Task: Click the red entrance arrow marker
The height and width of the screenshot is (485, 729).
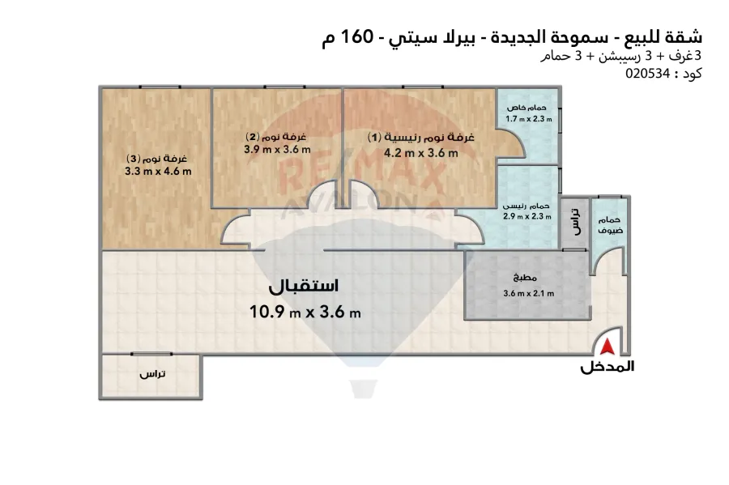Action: pyautogui.click(x=607, y=347)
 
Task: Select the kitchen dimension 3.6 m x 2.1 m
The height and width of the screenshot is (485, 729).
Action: pyautogui.click(x=528, y=294)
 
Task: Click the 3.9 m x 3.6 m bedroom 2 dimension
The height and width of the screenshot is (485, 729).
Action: pyautogui.click(x=277, y=149)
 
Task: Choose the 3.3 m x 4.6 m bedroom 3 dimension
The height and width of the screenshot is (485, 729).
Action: pyautogui.click(x=158, y=171)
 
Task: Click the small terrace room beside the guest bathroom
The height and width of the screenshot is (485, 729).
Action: pyautogui.click(x=575, y=222)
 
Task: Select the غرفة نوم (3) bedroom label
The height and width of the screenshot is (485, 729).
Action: pyautogui.click(x=158, y=158)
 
